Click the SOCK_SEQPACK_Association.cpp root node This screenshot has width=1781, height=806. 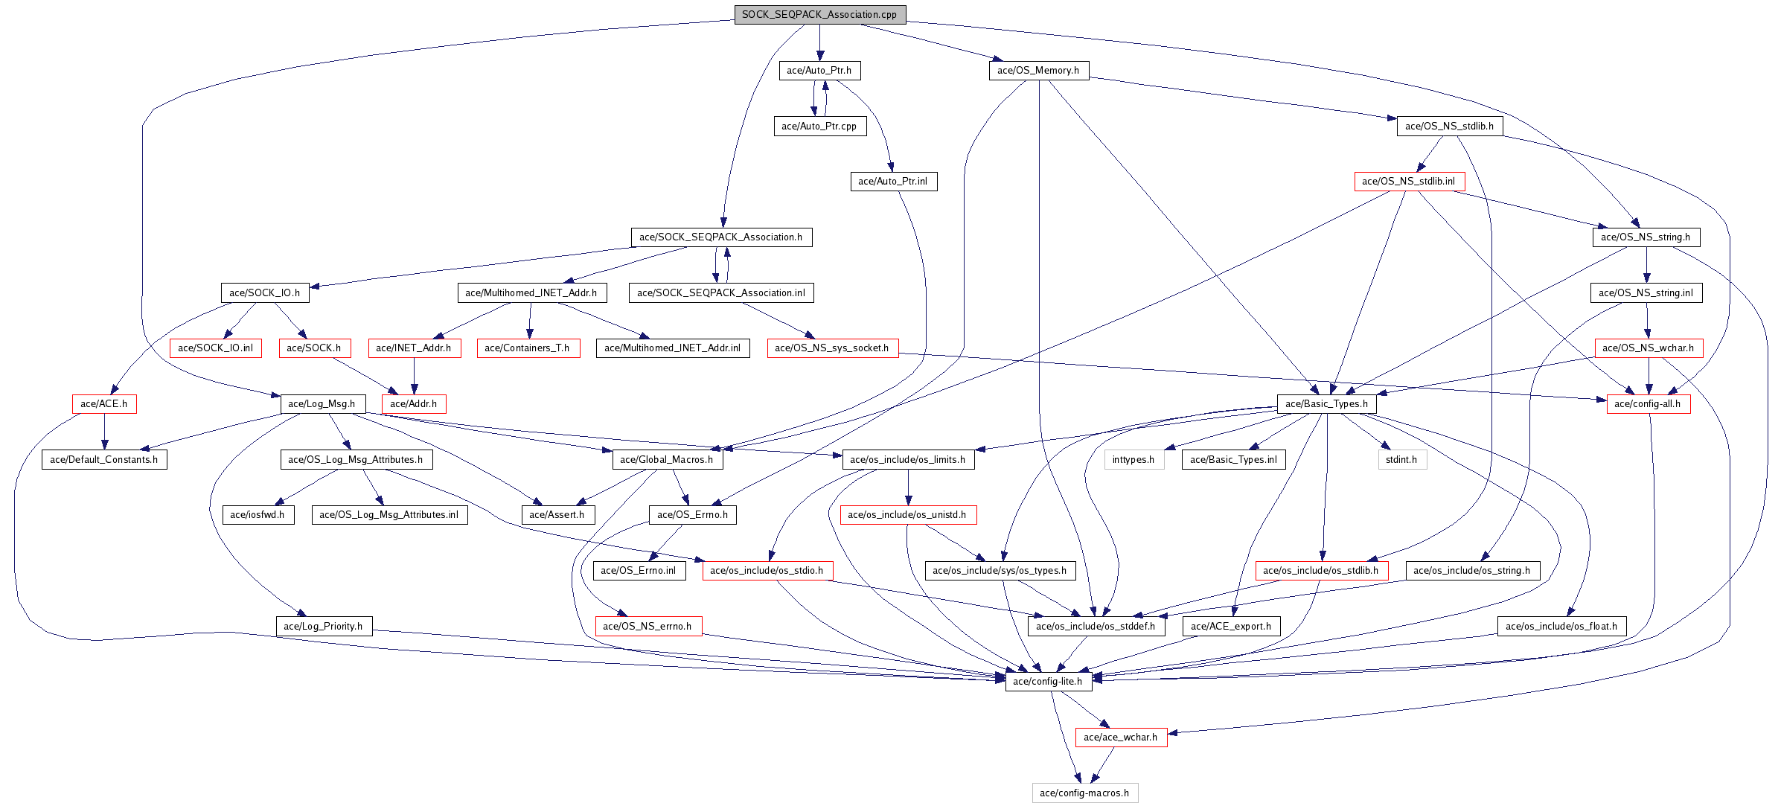(x=819, y=15)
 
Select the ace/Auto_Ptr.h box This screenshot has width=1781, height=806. (x=819, y=71)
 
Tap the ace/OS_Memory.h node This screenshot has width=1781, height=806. (x=1038, y=71)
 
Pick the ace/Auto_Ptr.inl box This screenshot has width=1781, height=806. (x=892, y=182)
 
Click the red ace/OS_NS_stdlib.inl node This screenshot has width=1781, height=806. (x=1409, y=182)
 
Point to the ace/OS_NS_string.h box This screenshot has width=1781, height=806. (x=1646, y=237)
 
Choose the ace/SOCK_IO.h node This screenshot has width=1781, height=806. (x=264, y=293)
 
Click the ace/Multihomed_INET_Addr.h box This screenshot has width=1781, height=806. (x=531, y=293)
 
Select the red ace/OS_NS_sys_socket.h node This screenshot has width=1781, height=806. (x=832, y=348)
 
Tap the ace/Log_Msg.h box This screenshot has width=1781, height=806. (x=322, y=404)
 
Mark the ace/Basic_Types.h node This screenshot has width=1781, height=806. (x=1326, y=404)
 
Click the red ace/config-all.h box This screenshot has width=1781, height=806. (x=1648, y=404)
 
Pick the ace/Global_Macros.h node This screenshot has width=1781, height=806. (x=667, y=460)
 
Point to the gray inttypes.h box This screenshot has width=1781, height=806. (x=1133, y=460)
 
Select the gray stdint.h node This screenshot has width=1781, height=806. (x=1401, y=460)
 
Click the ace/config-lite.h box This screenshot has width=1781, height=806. (x=1048, y=682)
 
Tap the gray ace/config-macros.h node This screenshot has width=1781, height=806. (x=1084, y=793)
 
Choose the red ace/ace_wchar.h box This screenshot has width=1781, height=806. (x=1121, y=738)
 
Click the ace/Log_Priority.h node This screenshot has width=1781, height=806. (x=323, y=627)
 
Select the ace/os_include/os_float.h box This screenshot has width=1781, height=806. (x=1561, y=627)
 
